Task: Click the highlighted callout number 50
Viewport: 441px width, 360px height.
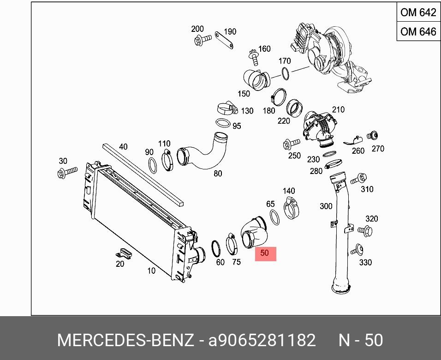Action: pos(264,253)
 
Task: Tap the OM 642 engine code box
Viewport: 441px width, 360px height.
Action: pos(418,12)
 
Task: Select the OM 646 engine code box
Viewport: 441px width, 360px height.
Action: pos(418,31)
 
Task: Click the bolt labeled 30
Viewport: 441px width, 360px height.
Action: pos(67,172)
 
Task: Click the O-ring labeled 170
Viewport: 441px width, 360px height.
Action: pos(285,73)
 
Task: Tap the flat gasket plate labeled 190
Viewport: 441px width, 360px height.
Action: pos(224,40)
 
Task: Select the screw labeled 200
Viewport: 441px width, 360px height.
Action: pos(202,39)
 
